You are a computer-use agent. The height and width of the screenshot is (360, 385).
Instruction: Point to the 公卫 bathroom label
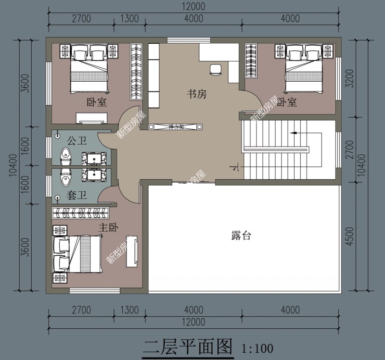(76, 141)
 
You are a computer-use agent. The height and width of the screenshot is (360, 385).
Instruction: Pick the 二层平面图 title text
(188, 346)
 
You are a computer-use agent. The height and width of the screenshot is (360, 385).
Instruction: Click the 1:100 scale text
(257, 347)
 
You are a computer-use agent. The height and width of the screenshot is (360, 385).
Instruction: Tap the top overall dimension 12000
(192, 7)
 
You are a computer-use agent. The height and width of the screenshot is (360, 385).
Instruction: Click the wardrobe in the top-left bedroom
(136, 72)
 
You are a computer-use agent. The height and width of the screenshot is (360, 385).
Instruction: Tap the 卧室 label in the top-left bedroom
(96, 102)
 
